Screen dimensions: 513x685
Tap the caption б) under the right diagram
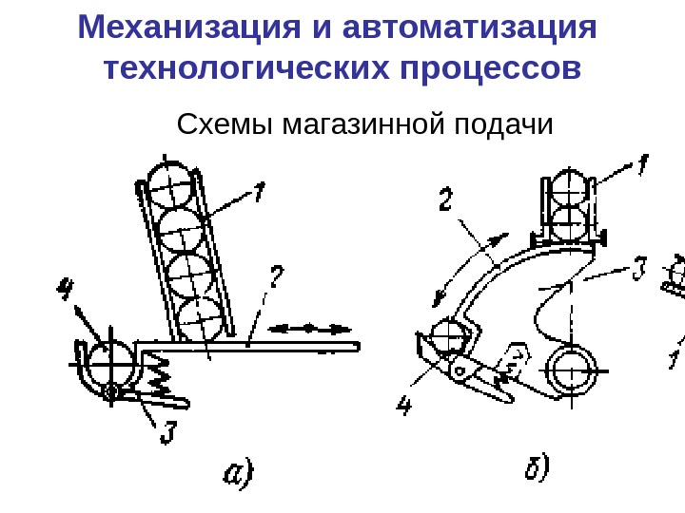[x=538, y=467]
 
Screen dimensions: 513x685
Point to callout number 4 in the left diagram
[x=66, y=287]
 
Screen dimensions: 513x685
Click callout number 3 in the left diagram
[x=166, y=431]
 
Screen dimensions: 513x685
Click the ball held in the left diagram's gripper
[x=110, y=362]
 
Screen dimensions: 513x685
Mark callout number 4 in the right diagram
[x=405, y=408]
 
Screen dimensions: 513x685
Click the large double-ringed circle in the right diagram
[x=573, y=370]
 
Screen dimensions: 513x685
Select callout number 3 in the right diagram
[x=641, y=270]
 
